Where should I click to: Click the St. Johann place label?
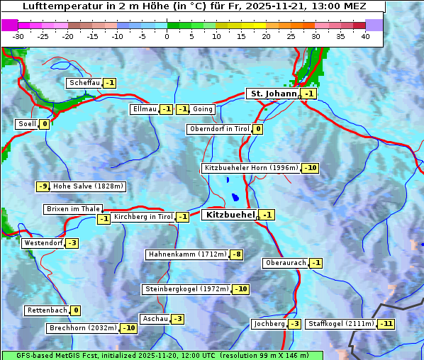(273, 94)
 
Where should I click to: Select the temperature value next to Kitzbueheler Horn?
(310, 168)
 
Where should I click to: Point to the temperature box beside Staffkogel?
(386, 324)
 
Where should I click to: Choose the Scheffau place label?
(84, 83)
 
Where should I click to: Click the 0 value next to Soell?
(44, 124)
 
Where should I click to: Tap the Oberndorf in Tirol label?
(219, 129)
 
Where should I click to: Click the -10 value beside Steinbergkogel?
(240, 289)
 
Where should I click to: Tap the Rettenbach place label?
(47, 310)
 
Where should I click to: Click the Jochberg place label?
(269, 324)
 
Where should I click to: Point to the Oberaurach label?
(285, 263)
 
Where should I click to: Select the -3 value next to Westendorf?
(72, 243)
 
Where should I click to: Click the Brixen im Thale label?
(72, 209)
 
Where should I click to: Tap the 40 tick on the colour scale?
(365, 36)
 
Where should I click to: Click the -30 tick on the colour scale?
(18, 36)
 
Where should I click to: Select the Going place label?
(202, 109)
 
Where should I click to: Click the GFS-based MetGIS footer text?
(162, 355)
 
